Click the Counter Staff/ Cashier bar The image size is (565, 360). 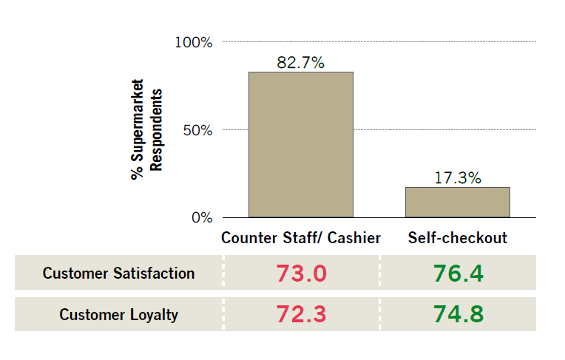(x=300, y=144)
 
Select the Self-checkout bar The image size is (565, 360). (x=457, y=202)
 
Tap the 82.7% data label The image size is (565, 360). (x=300, y=62)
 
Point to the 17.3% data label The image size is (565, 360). (x=457, y=177)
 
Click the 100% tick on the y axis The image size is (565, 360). (x=194, y=42)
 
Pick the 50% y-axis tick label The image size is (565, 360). (x=197, y=130)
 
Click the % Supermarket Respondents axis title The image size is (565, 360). (x=146, y=130)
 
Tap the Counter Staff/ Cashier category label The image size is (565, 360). (x=301, y=238)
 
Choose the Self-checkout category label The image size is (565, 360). (x=457, y=238)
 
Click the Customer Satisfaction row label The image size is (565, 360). (x=118, y=274)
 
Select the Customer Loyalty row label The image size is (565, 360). (x=118, y=314)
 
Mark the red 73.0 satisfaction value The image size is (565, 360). (x=301, y=274)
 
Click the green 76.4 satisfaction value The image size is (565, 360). (x=458, y=274)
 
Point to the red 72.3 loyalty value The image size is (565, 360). (x=301, y=314)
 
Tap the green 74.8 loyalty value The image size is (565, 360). (x=458, y=314)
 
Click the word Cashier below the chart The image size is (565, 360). (x=355, y=238)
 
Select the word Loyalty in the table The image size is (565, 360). (x=153, y=314)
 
